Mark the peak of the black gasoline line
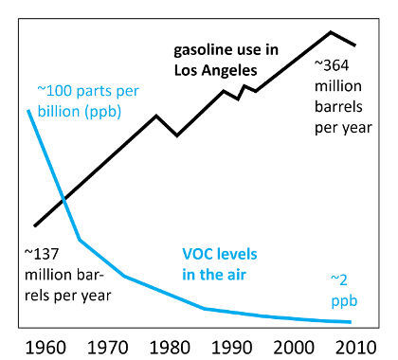click(x=331, y=32)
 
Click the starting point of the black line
click(x=34, y=225)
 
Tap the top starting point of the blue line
click(x=28, y=111)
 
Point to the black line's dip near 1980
click(x=177, y=135)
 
